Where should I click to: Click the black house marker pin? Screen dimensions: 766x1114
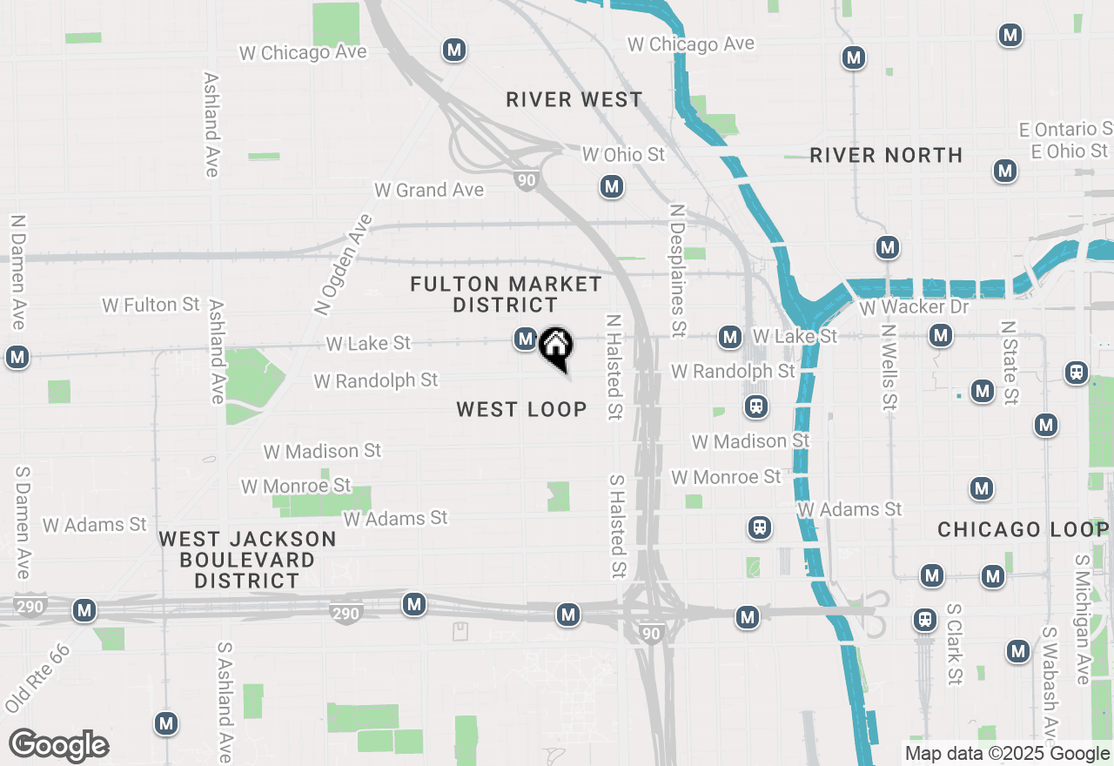(x=555, y=347)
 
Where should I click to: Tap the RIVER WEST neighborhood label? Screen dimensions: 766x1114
(x=574, y=100)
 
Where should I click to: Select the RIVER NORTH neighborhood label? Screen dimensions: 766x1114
(x=886, y=156)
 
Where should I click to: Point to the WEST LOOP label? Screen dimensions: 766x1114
(x=521, y=410)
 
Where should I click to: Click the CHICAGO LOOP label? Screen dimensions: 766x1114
(x=1022, y=529)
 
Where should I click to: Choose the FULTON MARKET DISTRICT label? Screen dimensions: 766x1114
(x=506, y=294)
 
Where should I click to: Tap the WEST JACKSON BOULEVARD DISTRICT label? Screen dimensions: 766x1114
(x=247, y=560)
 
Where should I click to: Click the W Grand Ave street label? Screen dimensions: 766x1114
(x=428, y=190)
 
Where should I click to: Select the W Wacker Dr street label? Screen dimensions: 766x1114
(x=913, y=307)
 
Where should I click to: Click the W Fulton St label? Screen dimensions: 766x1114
(x=151, y=305)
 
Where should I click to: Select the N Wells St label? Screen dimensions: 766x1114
(x=888, y=366)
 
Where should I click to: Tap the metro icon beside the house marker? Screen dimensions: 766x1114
(x=525, y=338)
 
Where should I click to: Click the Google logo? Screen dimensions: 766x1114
(x=58, y=746)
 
